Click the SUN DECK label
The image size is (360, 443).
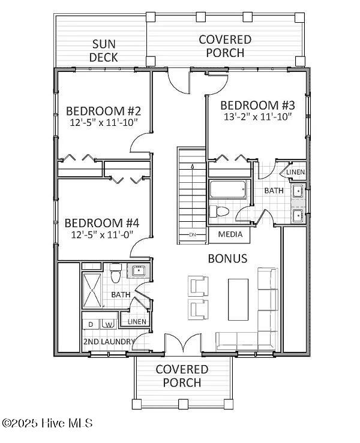[104, 51]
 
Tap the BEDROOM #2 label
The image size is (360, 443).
[104, 111]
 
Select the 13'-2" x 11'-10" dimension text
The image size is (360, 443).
[257, 117]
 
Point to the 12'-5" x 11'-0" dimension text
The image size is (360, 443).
[102, 234]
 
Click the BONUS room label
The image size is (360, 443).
[227, 258]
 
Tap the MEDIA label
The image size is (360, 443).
[230, 234]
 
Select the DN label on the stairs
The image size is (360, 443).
[193, 234]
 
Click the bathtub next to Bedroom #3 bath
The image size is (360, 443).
[227, 189]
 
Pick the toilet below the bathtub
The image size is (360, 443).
[219, 212]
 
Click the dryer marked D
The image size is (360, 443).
[91, 324]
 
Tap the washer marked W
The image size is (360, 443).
[109, 324]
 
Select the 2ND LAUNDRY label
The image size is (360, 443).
[109, 342]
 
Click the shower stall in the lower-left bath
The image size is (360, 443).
[92, 290]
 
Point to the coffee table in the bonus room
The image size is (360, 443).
[238, 300]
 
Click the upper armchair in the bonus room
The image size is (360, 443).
[198, 286]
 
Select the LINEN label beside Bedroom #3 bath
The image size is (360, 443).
[296, 172]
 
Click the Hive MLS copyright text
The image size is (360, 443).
[47, 423]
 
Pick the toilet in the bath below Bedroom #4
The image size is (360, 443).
[115, 273]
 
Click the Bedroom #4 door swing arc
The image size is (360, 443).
[137, 246]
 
